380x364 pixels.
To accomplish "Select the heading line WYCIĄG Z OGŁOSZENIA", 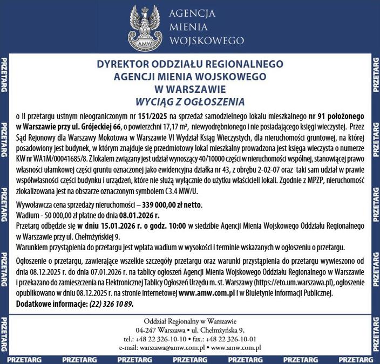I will tap(190, 101).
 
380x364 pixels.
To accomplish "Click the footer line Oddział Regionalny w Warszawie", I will tap(190, 322).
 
